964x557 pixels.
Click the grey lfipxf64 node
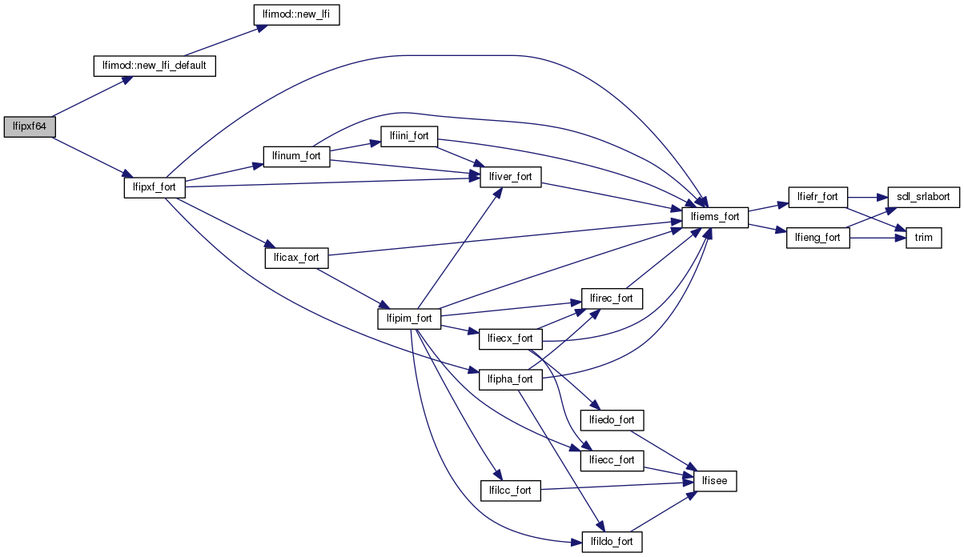click(x=30, y=126)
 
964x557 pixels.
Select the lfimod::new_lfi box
click(x=296, y=15)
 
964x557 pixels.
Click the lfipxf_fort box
click(x=155, y=187)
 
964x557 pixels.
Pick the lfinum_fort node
click(x=297, y=155)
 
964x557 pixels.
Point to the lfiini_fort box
click(x=409, y=136)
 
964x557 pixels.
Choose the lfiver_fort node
click(x=511, y=177)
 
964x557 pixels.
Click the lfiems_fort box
click(x=714, y=217)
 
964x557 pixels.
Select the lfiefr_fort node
click(x=818, y=197)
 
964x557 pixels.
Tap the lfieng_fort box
click(x=818, y=238)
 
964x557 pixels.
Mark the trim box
click(x=922, y=238)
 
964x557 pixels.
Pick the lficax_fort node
click(x=297, y=258)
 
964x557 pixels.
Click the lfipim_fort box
click(x=409, y=319)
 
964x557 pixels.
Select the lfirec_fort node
click(x=613, y=299)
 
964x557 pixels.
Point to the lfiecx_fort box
click(x=511, y=339)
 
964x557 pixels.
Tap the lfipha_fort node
click(x=511, y=379)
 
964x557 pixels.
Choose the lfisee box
click(x=714, y=481)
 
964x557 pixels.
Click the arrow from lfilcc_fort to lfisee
click(x=617, y=486)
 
